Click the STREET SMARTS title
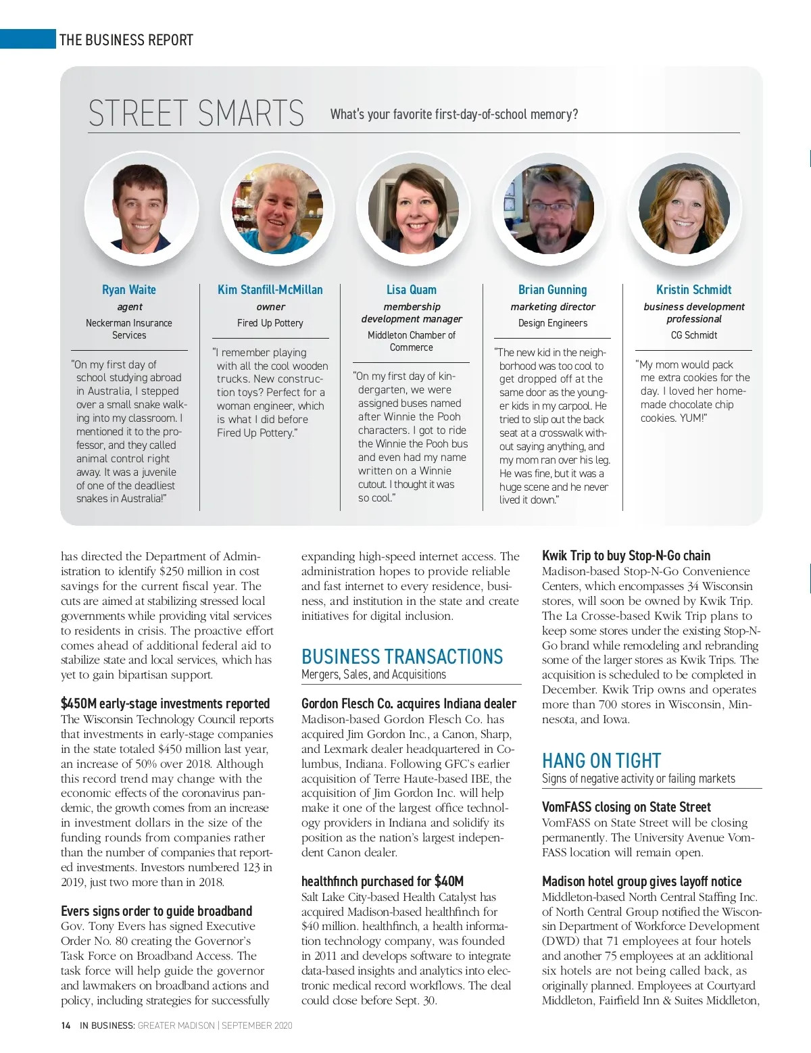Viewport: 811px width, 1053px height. [196, 114]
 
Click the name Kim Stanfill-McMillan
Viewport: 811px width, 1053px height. [270, 290]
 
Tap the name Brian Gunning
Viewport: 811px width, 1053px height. [552, 290]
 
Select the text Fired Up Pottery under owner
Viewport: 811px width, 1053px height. [270, 323]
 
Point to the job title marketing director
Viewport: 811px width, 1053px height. [552, 307]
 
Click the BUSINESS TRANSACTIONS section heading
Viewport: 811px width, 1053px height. [402, 657]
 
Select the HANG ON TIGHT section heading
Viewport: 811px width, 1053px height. [601, 761]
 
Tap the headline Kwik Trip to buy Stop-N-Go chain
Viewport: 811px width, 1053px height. [626, 556]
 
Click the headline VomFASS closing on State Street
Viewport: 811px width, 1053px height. [626, 807]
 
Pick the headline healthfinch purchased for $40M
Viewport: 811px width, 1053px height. [383, 881]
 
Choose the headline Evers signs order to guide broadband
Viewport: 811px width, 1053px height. [156, 911]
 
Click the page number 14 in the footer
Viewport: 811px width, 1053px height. [66, 1025]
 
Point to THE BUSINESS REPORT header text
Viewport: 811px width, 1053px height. [126, 40]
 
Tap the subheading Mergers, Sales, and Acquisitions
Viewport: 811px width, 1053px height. [374, 675]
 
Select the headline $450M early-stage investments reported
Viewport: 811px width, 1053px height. [165, 704]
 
